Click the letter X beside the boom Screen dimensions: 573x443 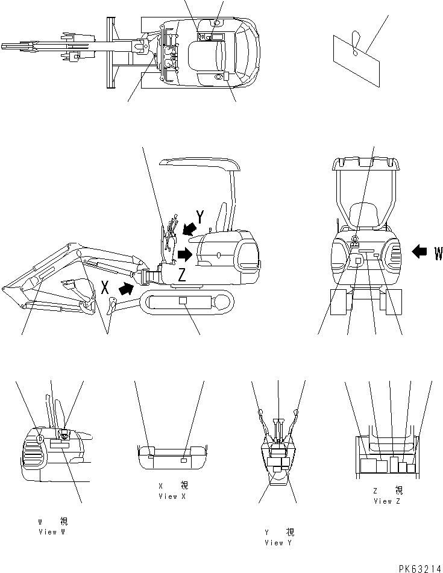105,287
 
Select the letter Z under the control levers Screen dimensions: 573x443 181,275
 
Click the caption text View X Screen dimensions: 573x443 168,496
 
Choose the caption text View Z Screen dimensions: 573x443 391,501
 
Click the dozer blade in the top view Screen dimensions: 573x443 110,52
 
